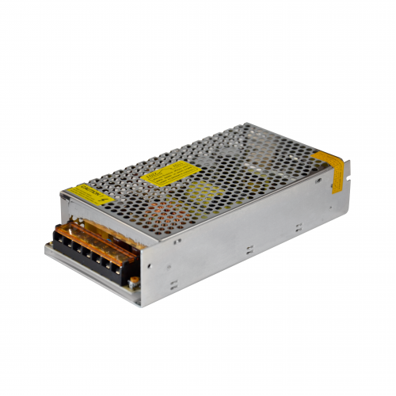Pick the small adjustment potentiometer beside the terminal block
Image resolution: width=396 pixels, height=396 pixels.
point(134,278)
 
